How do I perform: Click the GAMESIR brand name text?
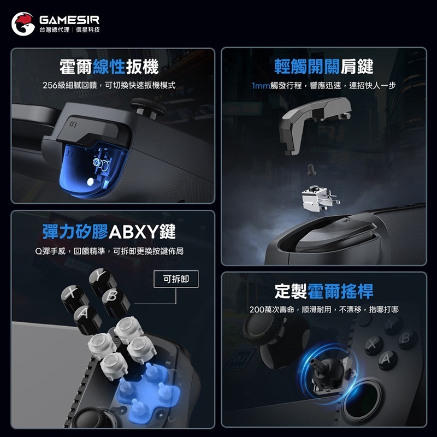pyautogui.click(x=69, y=19)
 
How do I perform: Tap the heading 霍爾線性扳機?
pyautogui.click(x=109, y=68)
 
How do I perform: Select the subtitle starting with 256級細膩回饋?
pyautogui.click(x=109, y=86)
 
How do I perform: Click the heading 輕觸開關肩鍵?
pyautogui.click(x=324, y=68)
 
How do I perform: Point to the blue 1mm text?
pyautogui.click(x=261, y=86)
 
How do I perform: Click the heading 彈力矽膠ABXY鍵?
pyautogui.click(x=109, y=231)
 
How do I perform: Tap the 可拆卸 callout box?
pyautogui.click(x=176, y=279)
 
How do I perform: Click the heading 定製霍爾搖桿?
pyautogui.click(x=324, y=291)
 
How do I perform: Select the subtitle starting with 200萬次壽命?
pyautogui.click(x=324, y=310)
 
